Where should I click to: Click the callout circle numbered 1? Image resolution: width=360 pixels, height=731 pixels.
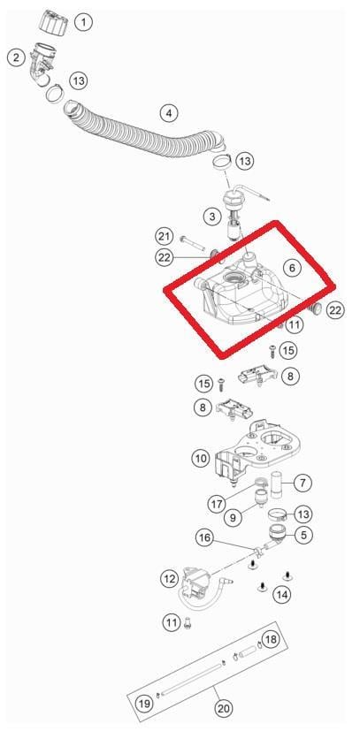coord(84,22)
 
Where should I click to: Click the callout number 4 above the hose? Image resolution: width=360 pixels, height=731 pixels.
coord(169,113)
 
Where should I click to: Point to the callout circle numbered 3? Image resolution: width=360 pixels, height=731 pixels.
coord(212,217)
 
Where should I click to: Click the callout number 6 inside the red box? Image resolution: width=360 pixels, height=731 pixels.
coord(293,268)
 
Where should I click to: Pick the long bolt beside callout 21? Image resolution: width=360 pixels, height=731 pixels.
coord(193,243)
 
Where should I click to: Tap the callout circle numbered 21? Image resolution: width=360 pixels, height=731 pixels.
coord(165,237)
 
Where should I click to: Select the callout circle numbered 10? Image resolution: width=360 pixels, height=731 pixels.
coord(201,458)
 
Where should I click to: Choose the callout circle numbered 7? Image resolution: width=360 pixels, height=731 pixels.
coord(303,483)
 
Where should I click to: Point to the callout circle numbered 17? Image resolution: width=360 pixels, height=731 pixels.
coord(218,504)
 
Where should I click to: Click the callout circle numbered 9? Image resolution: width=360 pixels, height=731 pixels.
coord(234,516)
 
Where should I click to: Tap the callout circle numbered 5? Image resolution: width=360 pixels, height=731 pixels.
coord(303,535)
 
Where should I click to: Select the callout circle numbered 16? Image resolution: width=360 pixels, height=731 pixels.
coord(204,539)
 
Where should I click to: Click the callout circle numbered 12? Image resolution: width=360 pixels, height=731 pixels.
coord(169,579)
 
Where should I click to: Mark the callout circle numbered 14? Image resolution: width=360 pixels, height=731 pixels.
coord(281,594)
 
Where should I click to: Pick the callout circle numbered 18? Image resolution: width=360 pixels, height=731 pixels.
coord(270,639)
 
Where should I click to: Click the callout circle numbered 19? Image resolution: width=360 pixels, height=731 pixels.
coord(144,703)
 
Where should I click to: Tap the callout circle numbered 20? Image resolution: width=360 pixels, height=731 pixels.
coord(224,709)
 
